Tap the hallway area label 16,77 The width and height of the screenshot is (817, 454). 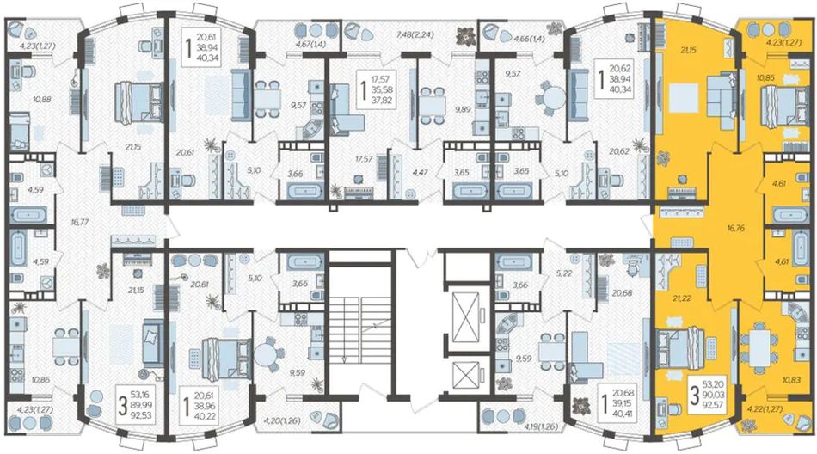81,222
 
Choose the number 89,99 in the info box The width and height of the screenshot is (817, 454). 142,404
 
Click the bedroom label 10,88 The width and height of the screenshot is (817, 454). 41,99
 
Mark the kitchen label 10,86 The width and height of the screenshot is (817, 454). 40,380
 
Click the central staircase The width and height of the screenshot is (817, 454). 361,333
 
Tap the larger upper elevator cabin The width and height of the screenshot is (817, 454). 467,317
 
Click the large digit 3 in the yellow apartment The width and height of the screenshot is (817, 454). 695,396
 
